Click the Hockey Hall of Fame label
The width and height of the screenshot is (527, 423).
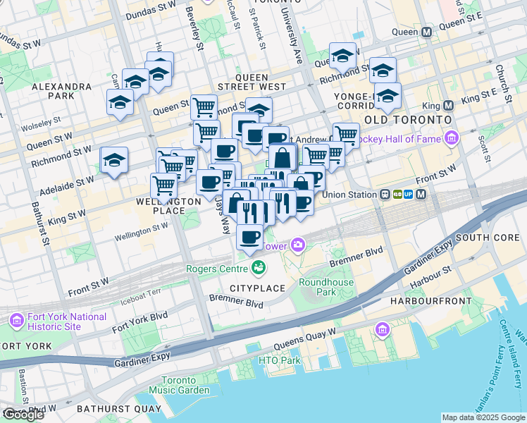point(399,139)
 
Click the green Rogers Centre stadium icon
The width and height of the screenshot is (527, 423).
point(259,267)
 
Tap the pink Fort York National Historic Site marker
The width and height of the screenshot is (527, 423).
point(15,321)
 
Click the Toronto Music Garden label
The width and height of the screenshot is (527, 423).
point(178,385)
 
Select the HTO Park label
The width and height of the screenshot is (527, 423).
point(280,361)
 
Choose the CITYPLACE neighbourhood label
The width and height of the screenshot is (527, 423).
point(256,288)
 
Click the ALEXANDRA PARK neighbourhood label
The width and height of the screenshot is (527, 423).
point(62,91)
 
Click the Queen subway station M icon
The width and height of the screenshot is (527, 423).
point(426,32)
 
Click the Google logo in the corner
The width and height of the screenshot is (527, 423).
point(23,415)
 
